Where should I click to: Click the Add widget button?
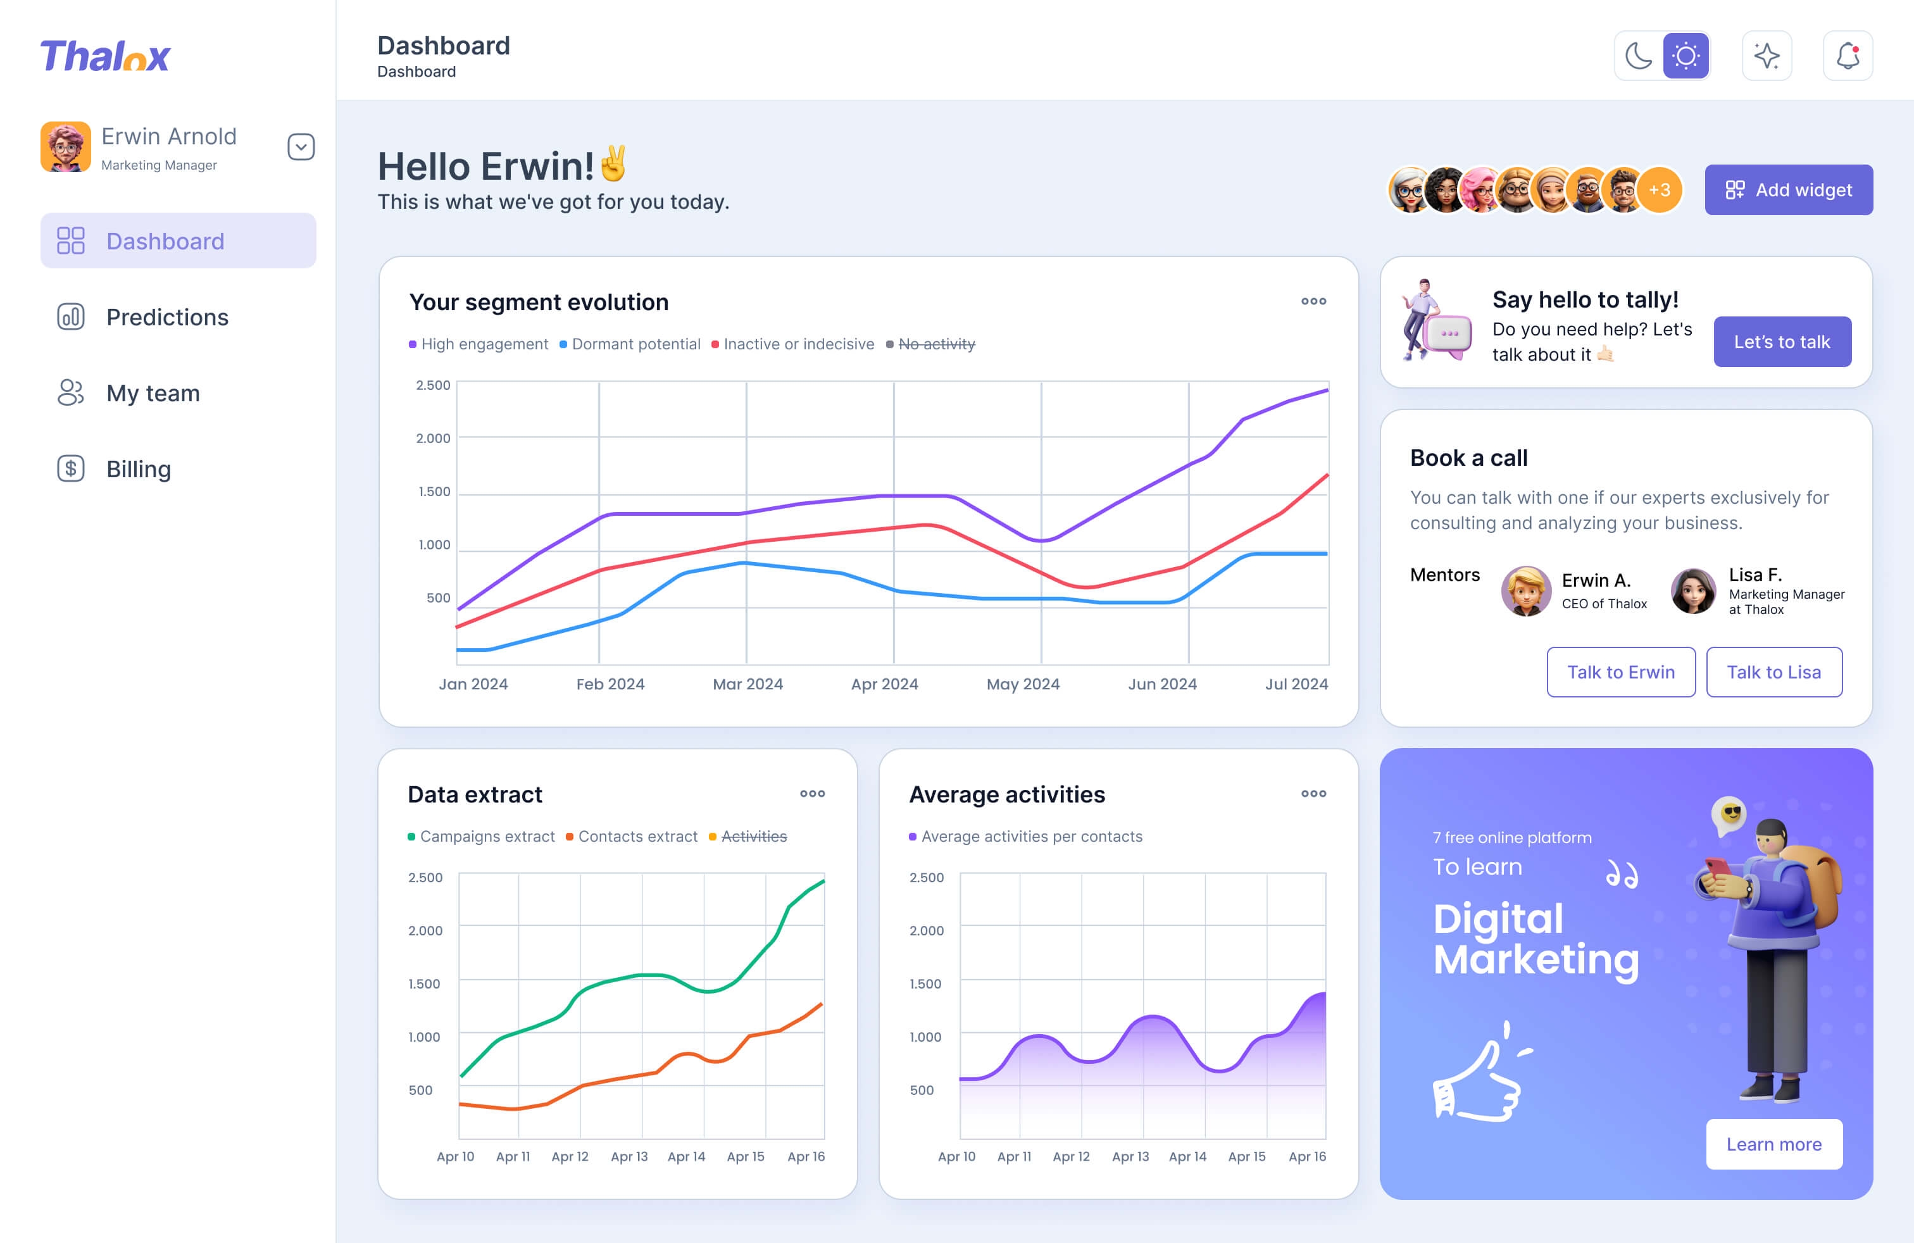pyautogui.click(x=1788, y=190)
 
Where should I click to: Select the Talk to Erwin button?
pyautogui.click(x=1620, y=672)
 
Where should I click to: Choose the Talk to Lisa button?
pyautogui.click(x=1773, y=672)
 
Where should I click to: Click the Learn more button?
pyautogui.click(x=1773, y=1144)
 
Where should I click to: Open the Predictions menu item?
pyautogui.click(x=166, y=317)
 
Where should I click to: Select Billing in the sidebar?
pyautogui.click(x=139, y=469)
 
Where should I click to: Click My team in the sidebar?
pyautogui.click(x=153, y=393)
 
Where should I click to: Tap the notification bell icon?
pyautogui.click(x=1848, y=56)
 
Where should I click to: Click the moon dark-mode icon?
pyautogui.click(x=1638, y=56)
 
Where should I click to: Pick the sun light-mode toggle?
pyautogui.click(x=1686, y=56)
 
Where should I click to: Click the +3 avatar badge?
pyautogui.click(x=1659, y=190)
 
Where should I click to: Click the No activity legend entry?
pyautogui.click(x=936, y=344)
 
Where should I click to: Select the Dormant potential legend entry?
pyautogui.click(x=635, y=344)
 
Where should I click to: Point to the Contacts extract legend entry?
pyautogui.click(x=637, y=836)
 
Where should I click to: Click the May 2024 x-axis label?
pyautogui.click(x=1023, y=684)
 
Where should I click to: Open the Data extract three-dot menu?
pyautogui.click(x=812, y=794)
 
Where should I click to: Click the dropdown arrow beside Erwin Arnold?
pyautogui.click(x=301, y=147)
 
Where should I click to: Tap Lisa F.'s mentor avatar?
pyautogui.click(x=1693, y=591)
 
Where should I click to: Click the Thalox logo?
pyautogui.click(x=105, y=56)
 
